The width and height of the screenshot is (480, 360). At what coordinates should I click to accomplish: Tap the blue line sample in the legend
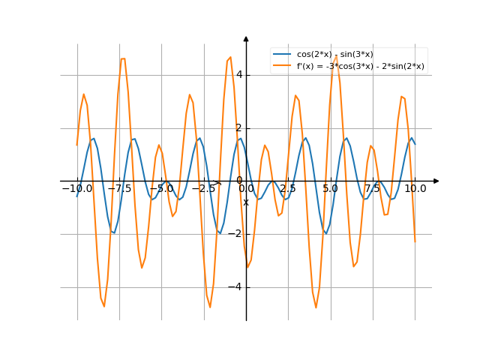(282, 55)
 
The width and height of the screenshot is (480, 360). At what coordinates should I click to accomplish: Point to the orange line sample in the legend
(282, 66)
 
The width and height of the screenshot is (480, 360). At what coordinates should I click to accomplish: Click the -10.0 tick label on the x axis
(76, 189)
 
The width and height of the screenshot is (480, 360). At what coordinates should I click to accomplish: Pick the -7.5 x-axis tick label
(119, 189)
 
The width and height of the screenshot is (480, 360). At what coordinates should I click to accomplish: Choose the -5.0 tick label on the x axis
(161, 189)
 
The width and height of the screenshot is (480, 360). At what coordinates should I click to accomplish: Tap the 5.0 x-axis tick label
(331, 189)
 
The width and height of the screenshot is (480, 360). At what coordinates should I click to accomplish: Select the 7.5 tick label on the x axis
(373, 189)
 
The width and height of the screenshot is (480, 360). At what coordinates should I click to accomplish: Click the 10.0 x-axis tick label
(415, 189)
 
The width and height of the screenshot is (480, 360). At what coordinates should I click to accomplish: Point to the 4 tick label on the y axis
(238, 74)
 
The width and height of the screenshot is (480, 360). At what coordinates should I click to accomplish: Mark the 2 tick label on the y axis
(238, 127)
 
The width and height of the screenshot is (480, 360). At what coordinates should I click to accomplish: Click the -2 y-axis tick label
(236, 234)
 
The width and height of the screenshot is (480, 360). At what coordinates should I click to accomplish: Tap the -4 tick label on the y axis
(236, 287)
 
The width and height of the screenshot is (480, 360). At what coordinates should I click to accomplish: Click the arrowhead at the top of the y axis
(246, 38)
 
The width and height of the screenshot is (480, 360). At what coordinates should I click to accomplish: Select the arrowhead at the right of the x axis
(436, 181)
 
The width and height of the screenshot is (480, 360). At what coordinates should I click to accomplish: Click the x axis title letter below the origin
(245, 202)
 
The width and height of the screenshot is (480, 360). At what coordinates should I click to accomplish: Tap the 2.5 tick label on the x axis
(288, 189)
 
